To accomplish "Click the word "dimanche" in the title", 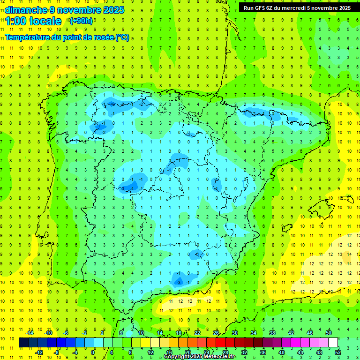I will click(26, 9).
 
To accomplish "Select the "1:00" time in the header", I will click(15, 21).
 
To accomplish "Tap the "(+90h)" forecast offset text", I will click(81, 21).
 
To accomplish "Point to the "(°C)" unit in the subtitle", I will click(122, 37).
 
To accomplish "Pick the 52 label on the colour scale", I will click(338, 352).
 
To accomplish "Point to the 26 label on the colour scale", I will click(216, 333).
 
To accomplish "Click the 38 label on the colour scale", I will click(272, 333).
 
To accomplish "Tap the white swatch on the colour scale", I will click(333, 343).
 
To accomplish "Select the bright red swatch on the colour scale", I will click(220, 343).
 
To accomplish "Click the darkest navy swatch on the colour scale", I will click(24, 343).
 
